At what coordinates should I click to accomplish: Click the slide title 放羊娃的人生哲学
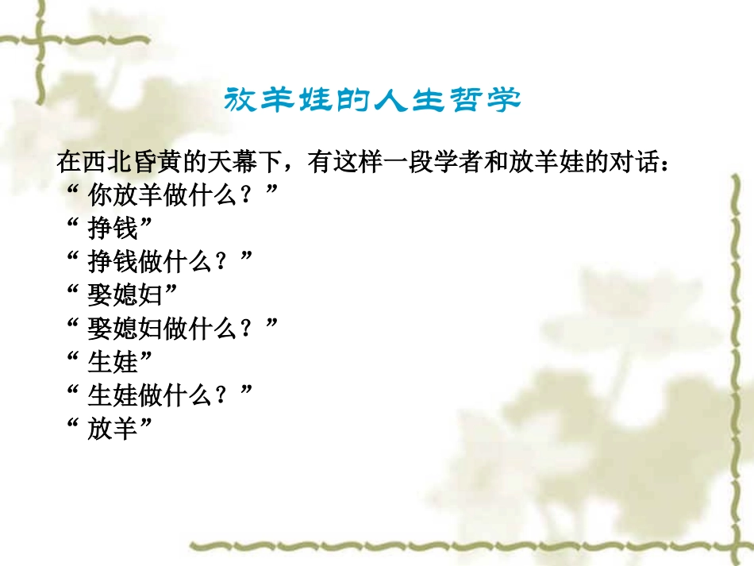[x=372, y=101]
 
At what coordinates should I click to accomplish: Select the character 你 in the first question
[x=99, y=196]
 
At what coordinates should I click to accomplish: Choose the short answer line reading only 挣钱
[x=112, y=229]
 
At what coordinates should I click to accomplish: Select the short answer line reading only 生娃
[x=112, y=363]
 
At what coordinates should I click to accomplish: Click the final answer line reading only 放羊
[x=112, y=429]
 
